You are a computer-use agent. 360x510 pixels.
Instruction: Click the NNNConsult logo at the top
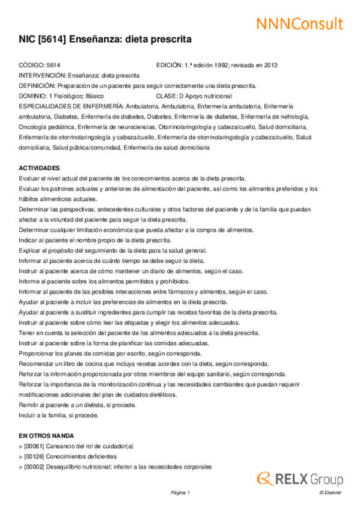(299, 24)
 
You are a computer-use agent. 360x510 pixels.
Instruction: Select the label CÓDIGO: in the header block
(32, 65)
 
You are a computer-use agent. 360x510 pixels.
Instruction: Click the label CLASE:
(166, 96)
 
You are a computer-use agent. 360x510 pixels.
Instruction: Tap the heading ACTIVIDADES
(40, 168)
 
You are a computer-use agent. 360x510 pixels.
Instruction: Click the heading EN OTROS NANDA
(46, 435)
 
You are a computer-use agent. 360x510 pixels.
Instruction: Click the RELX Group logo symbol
(266, 479)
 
